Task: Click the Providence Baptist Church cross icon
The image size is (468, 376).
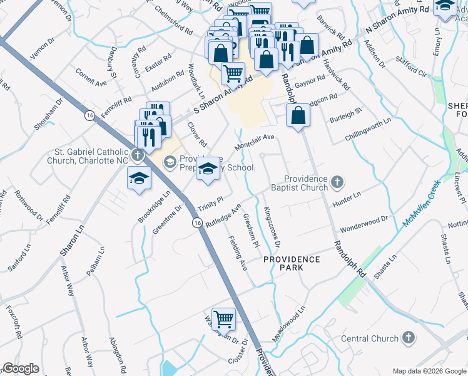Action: [337, 182]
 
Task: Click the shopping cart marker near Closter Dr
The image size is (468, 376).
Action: [223, 319]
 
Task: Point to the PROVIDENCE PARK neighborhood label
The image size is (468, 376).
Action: [292, 263]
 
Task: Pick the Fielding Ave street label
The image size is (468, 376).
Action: [238, 253]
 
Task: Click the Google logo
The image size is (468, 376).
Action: [21, 368]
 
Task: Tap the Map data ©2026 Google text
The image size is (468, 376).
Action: [429, 371]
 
